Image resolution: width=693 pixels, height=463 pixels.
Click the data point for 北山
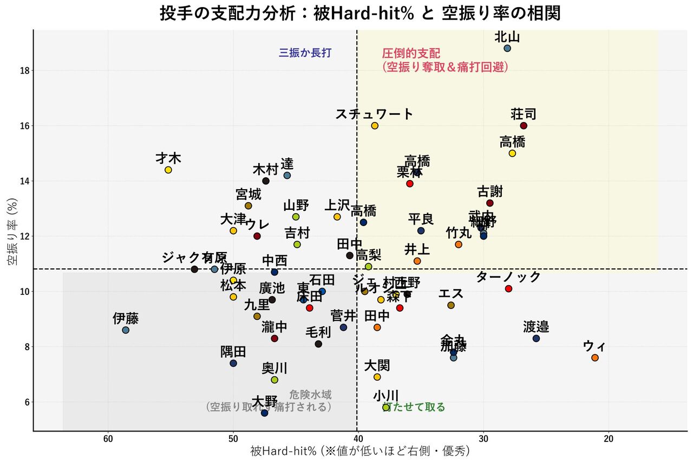coord(507,48)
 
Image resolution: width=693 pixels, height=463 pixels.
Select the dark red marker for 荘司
coord(524,126)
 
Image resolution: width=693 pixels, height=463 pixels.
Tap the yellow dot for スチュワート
coord(375,126)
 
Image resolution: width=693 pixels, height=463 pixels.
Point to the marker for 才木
coord(168,170)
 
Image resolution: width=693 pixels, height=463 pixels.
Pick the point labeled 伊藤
coord(126,330)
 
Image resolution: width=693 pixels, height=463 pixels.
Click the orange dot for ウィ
coord(595,358)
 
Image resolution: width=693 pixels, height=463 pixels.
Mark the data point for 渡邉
coord(536,338)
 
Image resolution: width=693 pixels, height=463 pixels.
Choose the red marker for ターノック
coord(508,288)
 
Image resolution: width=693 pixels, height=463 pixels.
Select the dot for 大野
coord(264,413)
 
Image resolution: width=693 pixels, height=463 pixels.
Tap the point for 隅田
coord(233,363)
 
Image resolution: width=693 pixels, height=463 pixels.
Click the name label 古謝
coord(490,192)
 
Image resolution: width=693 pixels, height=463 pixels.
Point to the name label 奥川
coord(274,369)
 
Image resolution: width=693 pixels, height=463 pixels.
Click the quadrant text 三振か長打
coord(305,53)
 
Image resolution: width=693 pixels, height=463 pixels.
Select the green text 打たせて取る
coord(415,407)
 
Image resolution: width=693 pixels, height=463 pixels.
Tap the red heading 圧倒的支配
coord(411,54)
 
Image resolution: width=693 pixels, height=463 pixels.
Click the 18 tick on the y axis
coord(24,71)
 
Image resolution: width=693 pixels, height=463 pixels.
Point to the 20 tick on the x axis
coord(609,438)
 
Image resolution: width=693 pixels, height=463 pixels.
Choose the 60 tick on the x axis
coord(108,438)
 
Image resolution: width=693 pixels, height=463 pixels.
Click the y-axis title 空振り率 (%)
coord(12,230)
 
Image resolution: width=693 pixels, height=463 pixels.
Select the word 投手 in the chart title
coord(173,13)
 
